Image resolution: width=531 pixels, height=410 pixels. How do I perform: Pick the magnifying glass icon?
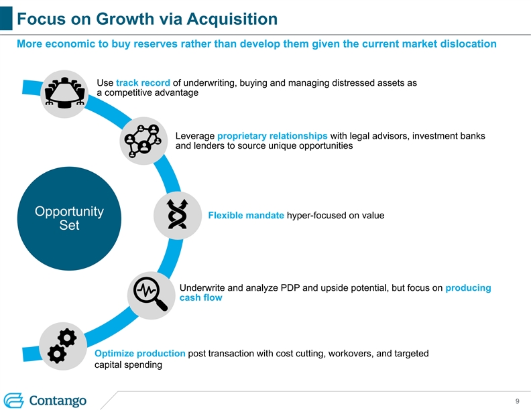151,293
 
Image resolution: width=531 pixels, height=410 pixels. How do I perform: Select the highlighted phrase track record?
143,83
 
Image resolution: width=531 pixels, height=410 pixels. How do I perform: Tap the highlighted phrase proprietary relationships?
272,136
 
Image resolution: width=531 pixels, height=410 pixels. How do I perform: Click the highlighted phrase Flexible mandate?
246,215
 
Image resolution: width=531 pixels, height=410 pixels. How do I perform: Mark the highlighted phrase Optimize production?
140,353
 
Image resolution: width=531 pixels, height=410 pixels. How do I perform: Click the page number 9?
518,401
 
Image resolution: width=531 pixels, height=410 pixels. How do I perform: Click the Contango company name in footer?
58,400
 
